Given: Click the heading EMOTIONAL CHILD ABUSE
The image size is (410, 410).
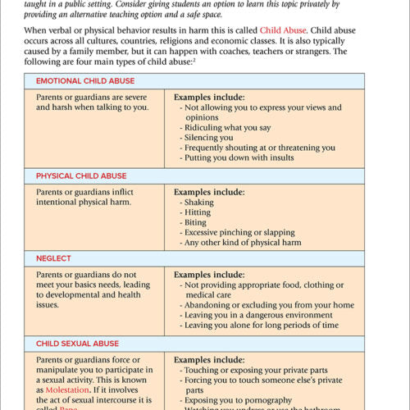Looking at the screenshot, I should pyautogui.click(x=85, y=81).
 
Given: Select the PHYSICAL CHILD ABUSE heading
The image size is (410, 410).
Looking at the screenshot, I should pyautogui.click(x=81, y=175).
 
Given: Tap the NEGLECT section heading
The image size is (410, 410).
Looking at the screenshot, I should pyautogui.click(x=53, y=257).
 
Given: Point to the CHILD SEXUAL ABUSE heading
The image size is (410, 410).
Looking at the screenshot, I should pyautogui.click(x=79, y=343).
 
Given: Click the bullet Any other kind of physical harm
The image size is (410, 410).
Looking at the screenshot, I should pyautogui.click(x=244, y=242).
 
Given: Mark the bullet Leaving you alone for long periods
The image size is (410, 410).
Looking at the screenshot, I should pyautogui.click(x=262, y=325).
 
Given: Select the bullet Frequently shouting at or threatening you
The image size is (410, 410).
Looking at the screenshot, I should pyautogui.click(x=259, y=148).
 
